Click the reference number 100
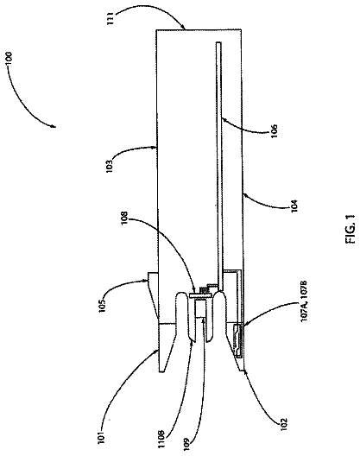point(9,60)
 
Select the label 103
point(110,166)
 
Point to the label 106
point(275,131)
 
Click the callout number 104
point(294,206)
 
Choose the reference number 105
point(104,305)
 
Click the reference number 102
point(283,425)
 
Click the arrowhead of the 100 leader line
point(54,126)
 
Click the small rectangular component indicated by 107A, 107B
point(239,340)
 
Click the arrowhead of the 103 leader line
point(155,149)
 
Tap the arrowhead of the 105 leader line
point(146,281)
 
